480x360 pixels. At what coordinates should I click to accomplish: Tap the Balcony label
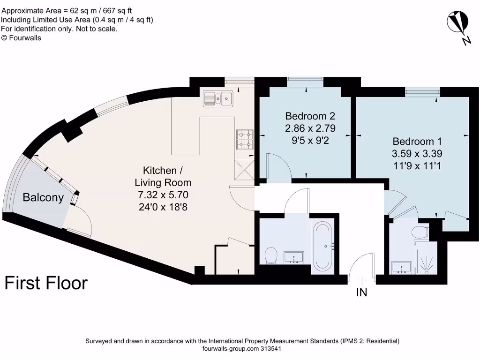coord(43,197)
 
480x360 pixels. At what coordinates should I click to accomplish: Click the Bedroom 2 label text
coord(310,116)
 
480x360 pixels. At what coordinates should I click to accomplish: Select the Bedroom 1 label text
coord(417,142)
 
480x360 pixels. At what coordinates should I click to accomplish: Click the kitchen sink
coord(218,98)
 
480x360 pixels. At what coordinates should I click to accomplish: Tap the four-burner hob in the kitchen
coord(245,139)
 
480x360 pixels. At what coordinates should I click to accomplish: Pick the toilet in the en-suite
coord(420,231)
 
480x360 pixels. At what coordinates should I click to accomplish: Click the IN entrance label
coord(361,293)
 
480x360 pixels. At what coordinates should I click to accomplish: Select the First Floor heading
coord(46,283)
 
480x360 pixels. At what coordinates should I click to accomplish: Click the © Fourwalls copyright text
coord(21,38)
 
